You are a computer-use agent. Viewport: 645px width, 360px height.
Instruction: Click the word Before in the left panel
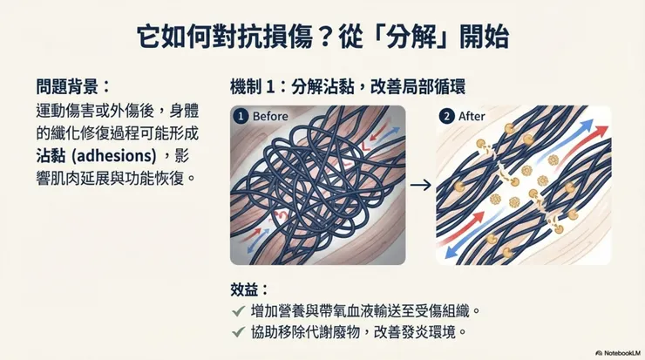tap(270, 117)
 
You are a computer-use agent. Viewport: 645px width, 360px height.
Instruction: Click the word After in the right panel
tap(472, 117)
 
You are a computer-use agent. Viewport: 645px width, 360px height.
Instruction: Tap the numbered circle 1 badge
tap(241, 117)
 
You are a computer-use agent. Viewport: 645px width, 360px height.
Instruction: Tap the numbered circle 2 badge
tap(446, 117)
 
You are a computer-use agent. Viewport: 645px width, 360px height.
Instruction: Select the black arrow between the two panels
tap(420, 185)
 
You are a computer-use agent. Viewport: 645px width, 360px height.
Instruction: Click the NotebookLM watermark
tap(618, 353)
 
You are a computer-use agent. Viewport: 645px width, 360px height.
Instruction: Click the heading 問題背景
tap(67, 87)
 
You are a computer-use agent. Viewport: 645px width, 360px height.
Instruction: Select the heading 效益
tap(244, 289)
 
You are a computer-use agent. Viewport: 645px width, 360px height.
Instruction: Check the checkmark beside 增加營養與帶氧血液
tap(239, 311)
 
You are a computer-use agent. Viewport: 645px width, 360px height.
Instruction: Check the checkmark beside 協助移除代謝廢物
tap(239, 331)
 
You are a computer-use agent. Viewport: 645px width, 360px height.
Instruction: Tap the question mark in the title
tap(325, 37)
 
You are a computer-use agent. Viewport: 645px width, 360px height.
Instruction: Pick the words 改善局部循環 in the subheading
tap(418, 87)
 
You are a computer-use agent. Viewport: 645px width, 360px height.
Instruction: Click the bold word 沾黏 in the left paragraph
tap(51, 155)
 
